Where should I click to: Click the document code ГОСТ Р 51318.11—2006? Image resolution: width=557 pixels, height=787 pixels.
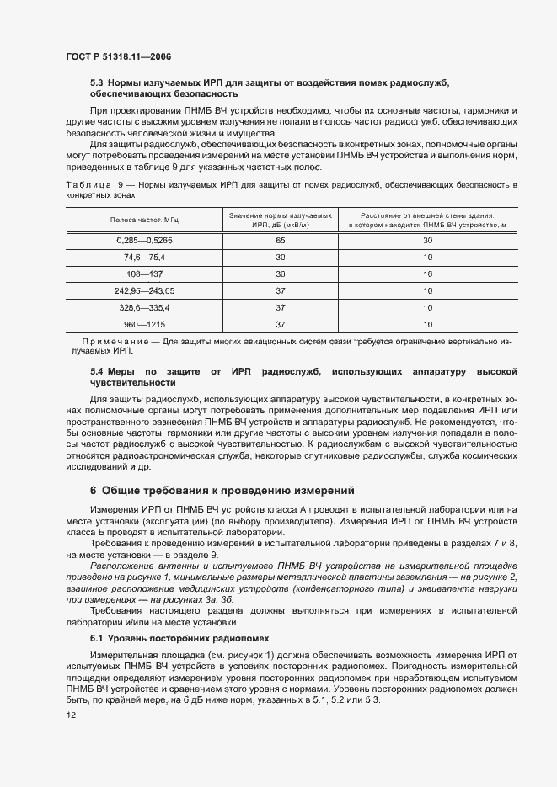(120, 56)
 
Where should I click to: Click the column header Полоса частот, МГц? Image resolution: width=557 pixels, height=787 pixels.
(145, 220)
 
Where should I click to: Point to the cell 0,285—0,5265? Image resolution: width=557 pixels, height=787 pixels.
(145, 240)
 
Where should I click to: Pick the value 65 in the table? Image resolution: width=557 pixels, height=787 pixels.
(281, 240)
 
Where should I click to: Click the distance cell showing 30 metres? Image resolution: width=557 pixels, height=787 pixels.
(427, 240)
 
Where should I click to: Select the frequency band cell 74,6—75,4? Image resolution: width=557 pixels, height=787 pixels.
(145, 257)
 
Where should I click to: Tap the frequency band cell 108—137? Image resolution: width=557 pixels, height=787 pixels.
(145, 274)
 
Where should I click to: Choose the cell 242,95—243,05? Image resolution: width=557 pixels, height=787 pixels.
(145, 290)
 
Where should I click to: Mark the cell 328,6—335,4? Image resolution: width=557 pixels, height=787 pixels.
(145, 307)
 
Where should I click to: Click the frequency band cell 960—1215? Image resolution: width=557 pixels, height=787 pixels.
(145, 324)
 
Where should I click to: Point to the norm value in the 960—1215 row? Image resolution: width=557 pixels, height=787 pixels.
(281, 324)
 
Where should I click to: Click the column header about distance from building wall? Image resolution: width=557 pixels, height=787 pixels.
(427, 220)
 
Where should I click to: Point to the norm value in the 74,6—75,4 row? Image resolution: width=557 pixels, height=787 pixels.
(281, 257)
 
